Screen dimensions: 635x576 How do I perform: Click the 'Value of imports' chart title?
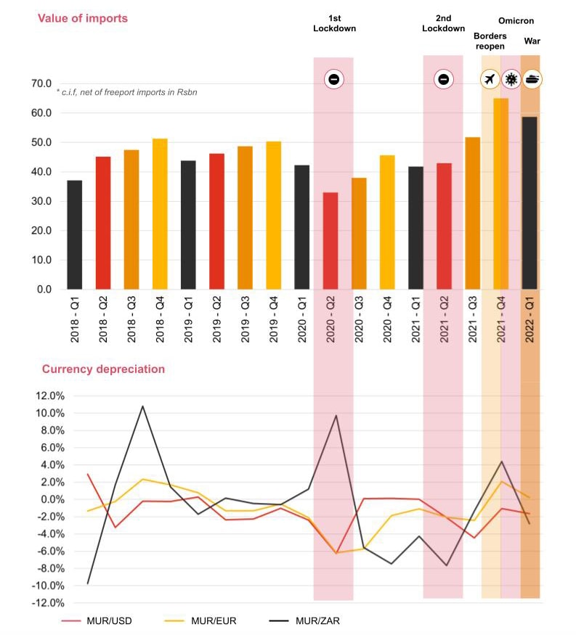pyautogui.click(x=83, y=18)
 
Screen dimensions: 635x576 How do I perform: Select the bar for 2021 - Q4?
pyautogui.click(x=501, y=193)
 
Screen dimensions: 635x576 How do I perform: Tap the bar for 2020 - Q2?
pyautogui.click(x=330, y=240)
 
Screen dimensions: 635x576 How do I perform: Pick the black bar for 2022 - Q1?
pyautogui.click(x=530, y=202)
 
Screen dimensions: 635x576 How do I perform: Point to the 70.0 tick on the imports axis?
pyautogui.click(x=41, y=83)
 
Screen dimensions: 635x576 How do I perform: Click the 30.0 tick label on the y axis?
pyautogui.click(x=41, y=201)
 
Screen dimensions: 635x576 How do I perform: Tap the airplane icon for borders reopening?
pyautogui.click(x=490, y=80)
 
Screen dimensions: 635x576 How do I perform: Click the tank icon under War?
pyautogui.click(x=532, y=79)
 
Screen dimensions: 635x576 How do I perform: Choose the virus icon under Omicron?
pyautogui.click(x=511, y=80)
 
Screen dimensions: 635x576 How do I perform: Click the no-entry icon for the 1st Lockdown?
pyautogui.click(x=333, y=80)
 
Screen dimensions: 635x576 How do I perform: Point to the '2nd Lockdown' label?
pyautogui.click(x=443, y=22)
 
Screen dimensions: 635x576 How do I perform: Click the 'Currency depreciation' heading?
pyautogui.click(x=103, y=369)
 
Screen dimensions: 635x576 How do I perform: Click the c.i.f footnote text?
pyautogui.click(x=126, y=92)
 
